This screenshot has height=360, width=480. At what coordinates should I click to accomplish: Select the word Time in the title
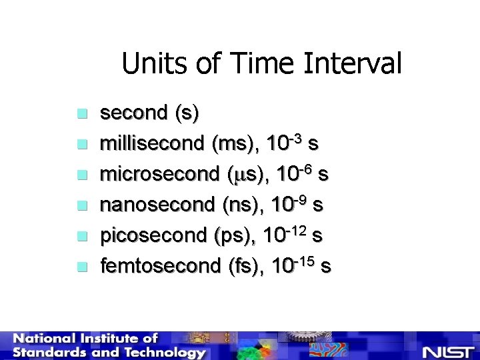pos(257,65)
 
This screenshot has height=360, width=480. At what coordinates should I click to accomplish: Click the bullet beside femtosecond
pos(81,267)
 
